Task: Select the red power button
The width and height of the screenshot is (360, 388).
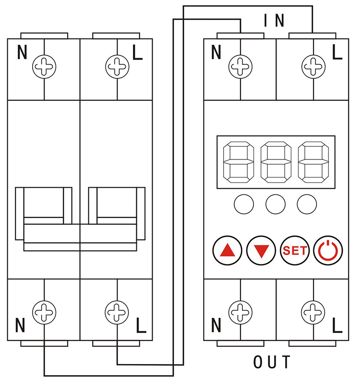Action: tap(328, 250)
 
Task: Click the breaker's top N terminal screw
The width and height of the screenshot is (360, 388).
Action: tap(44, 66)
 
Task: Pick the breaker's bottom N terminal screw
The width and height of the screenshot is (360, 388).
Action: tap(44, 313)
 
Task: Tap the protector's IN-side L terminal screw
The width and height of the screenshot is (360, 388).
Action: tap(313, 66)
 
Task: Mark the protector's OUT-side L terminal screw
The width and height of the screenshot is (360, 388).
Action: tap(313, 313)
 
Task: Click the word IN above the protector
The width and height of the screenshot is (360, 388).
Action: tap(275, 20)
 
